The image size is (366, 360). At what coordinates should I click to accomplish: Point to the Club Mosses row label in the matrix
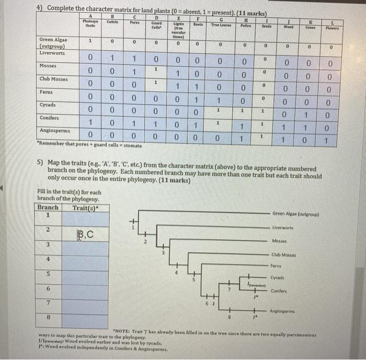[53, 79]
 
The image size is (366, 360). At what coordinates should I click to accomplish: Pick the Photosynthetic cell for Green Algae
[90, 40]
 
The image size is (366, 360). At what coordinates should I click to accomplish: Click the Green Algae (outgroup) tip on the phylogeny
[295, 213]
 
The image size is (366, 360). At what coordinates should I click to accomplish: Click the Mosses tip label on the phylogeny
[280, 241]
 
